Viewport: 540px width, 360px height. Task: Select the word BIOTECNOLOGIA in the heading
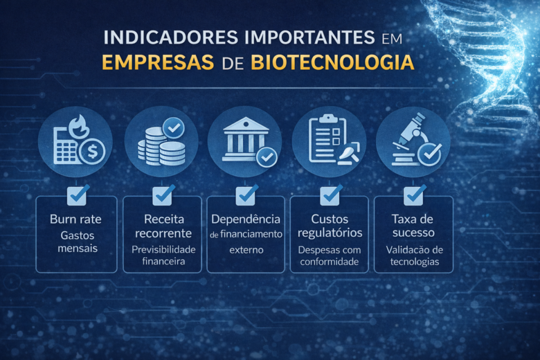click(x=332, y=62)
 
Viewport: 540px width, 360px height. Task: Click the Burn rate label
click(x=76, y=219)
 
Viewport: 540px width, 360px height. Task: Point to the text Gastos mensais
click(x=76, y=241)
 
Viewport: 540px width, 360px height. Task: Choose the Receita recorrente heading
click(x=162, y=226)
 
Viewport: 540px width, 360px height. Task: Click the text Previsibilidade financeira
click(x=162, y=255)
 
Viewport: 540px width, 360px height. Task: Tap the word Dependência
click(x=245, y=219)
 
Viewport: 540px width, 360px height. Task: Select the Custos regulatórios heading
click(x=330, y=226)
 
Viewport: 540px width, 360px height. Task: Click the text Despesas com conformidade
click(x=330, y=255)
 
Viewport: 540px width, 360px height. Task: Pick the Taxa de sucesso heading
click(x=414, y=226)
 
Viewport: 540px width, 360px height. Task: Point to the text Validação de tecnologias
click(x=414, y=255)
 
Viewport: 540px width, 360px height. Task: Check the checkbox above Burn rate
click(x=77, y=195)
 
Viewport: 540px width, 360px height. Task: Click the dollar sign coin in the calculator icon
click(x=92, y=152)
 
